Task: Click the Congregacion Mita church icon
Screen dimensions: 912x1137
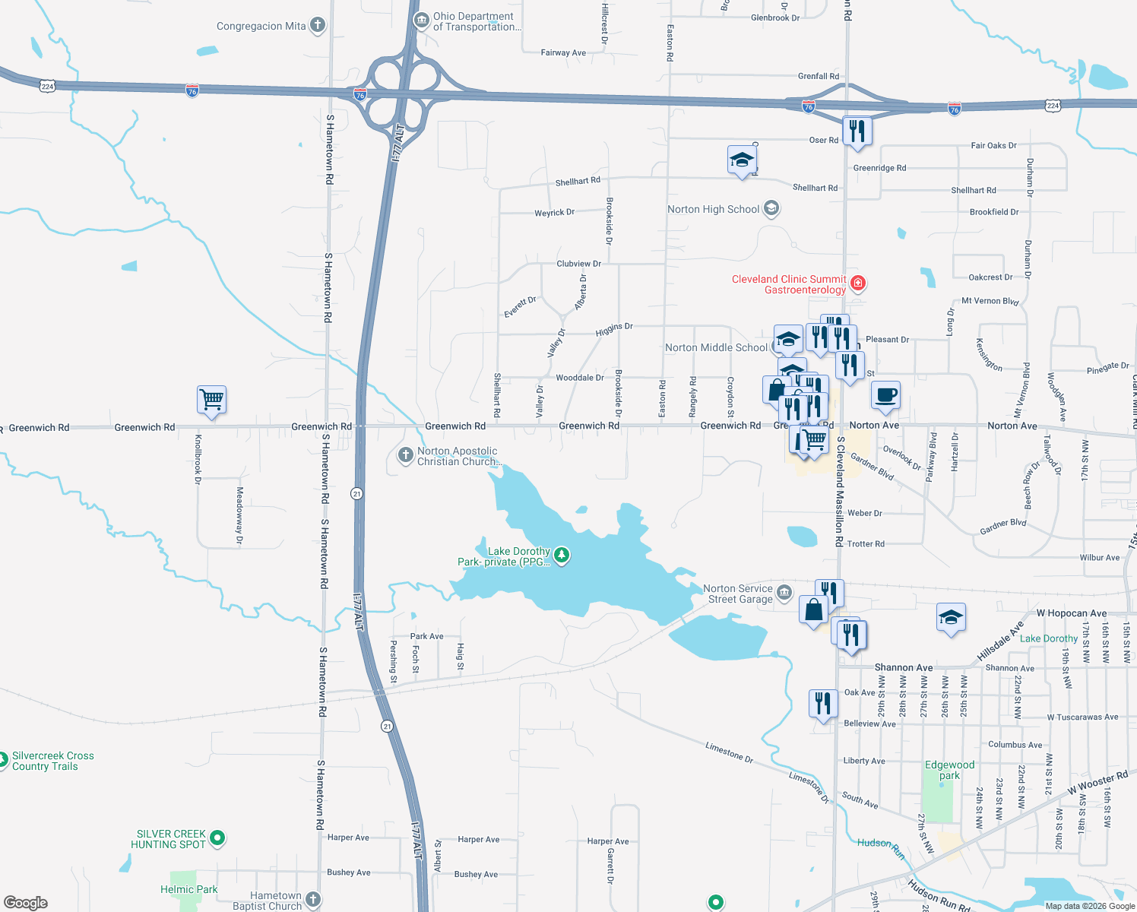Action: tap(318, 26)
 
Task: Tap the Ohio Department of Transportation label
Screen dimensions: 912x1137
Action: tap(477, 21)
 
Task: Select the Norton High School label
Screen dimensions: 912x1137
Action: tap(713, 209)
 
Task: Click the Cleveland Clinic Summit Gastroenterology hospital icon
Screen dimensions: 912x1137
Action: tap(858, 283)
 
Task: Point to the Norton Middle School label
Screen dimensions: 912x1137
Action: tap(716, 347)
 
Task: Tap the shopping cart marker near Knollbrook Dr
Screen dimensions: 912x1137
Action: tap(211, 399)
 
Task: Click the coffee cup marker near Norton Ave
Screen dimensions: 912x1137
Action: tap(885, 395)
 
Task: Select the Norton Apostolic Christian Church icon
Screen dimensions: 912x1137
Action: tap(405, 456)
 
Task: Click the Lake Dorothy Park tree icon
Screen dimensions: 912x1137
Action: tap(562, 556)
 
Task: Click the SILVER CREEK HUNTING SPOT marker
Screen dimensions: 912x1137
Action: tap(217, 838)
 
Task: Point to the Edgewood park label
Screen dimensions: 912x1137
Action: tap(949, 770)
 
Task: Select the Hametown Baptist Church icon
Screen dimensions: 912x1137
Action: tap(312, 900)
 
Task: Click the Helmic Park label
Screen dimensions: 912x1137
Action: tap(188, 889)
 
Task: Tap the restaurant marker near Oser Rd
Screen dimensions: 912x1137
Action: tap(857, 131)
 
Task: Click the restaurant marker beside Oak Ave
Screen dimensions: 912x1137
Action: tap(822, 703)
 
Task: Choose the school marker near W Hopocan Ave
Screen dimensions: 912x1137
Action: tap(950, 617)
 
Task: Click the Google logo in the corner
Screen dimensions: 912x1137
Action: tap(26, 902)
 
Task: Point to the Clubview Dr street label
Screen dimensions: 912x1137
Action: tap(578, 264)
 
